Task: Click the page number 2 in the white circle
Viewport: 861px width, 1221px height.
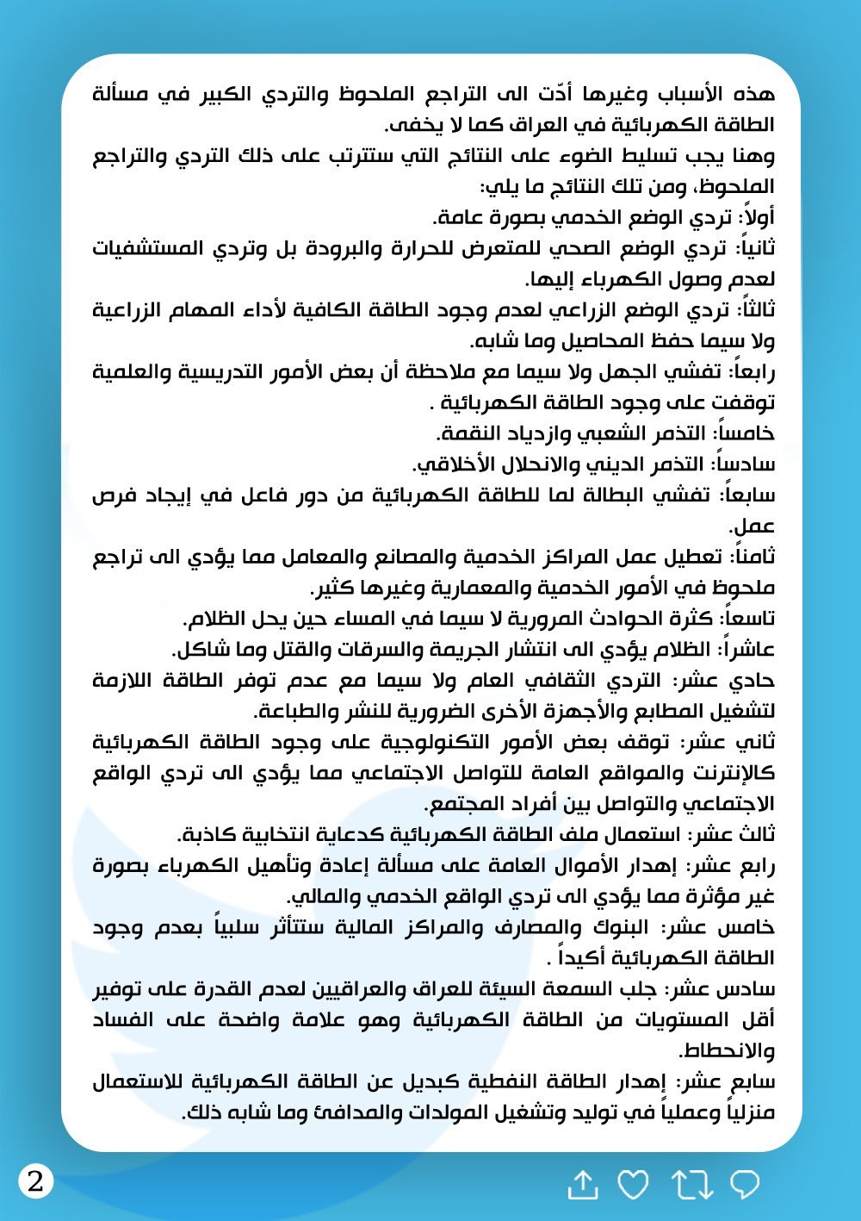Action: (35, 1181)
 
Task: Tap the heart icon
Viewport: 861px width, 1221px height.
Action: (634, 1186)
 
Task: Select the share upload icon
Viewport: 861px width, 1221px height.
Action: (583, 1186)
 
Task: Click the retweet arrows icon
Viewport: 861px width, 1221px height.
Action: (692, 1186)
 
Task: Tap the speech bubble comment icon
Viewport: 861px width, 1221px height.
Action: (745, 1185)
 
